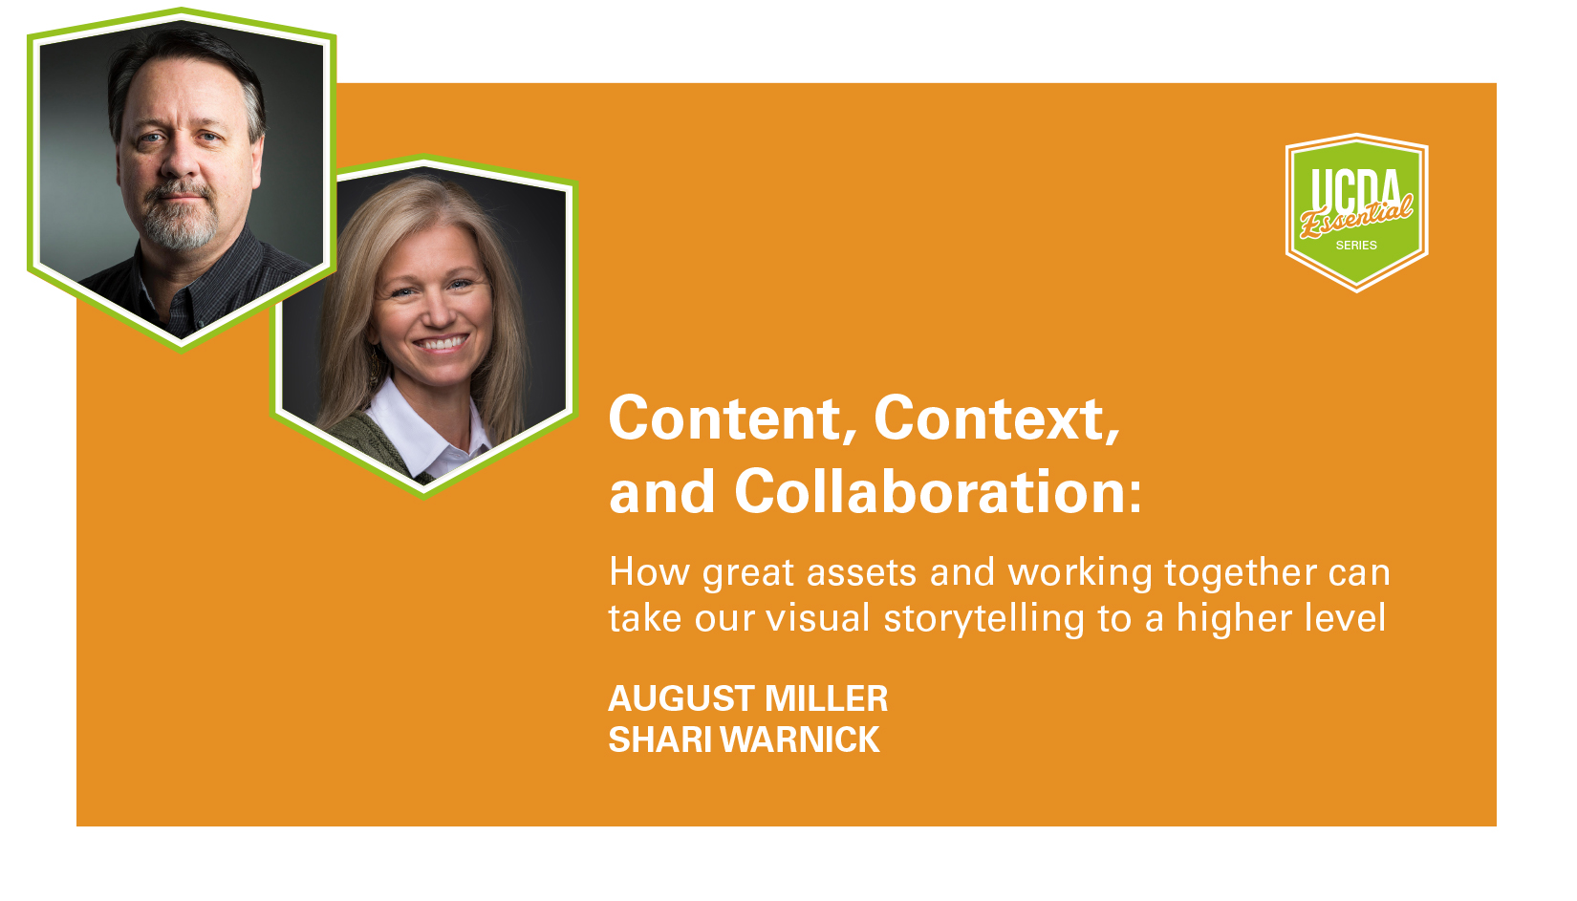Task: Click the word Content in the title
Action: [x=724, y=418]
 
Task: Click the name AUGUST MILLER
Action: [x=747, y=698]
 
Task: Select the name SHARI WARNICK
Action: [x=744, y=740]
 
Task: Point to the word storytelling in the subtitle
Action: [x=983, y=619]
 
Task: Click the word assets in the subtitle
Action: [x=861, y=573]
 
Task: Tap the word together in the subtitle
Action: [x=1241, y=573]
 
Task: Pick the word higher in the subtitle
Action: [x=1234, y=619]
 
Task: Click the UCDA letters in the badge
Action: [x=1355, y=188]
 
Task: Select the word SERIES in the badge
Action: [x=1356, y=245]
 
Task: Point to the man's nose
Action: [x=181, y=160]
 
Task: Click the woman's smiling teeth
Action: [x=441, y=344]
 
